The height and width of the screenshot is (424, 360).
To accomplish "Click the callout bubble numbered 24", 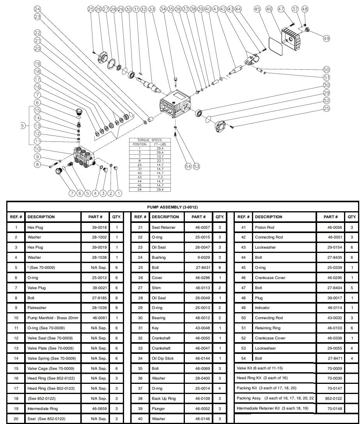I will click(37, 9).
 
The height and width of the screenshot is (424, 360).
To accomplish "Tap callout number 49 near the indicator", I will click(326, 38).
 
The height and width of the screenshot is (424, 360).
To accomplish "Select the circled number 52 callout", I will click(326, 101).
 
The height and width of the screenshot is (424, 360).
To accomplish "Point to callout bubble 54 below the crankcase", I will click(188, 166).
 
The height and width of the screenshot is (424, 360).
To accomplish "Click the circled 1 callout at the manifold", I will click(119, 193).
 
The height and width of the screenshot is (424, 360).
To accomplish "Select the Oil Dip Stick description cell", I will click(163, 358).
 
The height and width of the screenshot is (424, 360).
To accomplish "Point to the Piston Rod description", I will click(264, 227).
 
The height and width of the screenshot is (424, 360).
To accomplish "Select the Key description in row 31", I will click(155, 328).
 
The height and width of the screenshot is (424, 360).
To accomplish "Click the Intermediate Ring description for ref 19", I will click(43, 409).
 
